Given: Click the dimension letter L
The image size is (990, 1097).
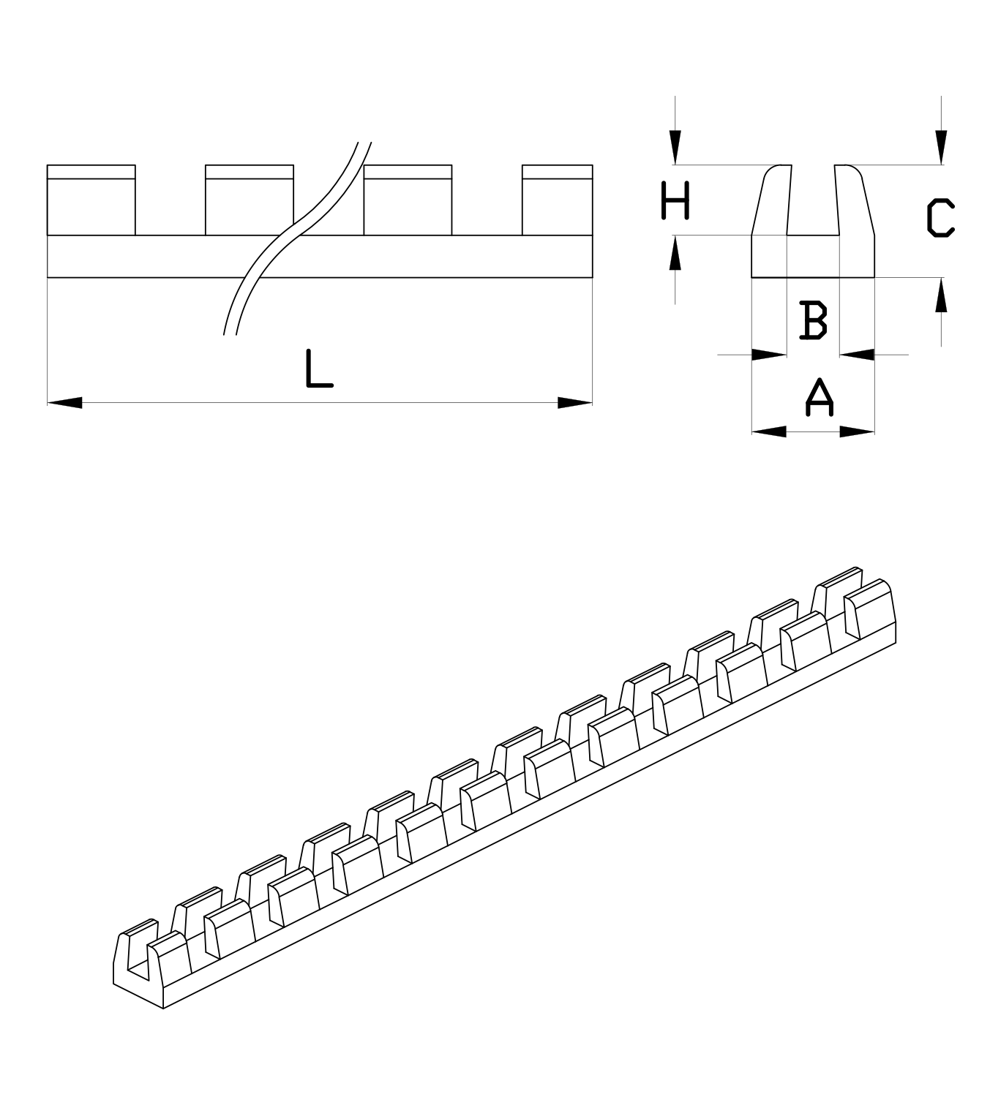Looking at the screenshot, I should (x=318, y=369).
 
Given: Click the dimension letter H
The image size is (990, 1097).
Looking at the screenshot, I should (x=675, y=201).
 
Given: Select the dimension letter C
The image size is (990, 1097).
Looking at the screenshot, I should (x=940, y=218).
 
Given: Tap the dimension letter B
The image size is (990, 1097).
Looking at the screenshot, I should (x=813, y=320).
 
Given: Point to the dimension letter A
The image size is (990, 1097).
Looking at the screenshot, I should (x=820, y=397).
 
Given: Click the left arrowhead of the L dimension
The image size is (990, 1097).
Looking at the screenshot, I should (x=64, y=402).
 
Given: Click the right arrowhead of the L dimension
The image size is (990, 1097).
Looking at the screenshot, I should (x=575, y=402).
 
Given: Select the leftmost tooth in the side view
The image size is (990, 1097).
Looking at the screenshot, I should (x=91, y=200).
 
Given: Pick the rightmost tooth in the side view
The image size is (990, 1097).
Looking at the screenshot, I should (x=557, y=200).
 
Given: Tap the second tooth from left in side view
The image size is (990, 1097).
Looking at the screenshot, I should (x=250, y=200).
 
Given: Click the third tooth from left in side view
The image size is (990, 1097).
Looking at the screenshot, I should (x=408, y=200).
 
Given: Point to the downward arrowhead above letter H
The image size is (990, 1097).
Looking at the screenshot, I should (x=675, y=147).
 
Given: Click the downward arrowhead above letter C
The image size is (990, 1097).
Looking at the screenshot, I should (x=941, y=147).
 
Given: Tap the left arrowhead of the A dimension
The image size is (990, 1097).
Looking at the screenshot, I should (x=768, y=432).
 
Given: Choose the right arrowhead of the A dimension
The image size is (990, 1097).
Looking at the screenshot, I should (x=858, y=432).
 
